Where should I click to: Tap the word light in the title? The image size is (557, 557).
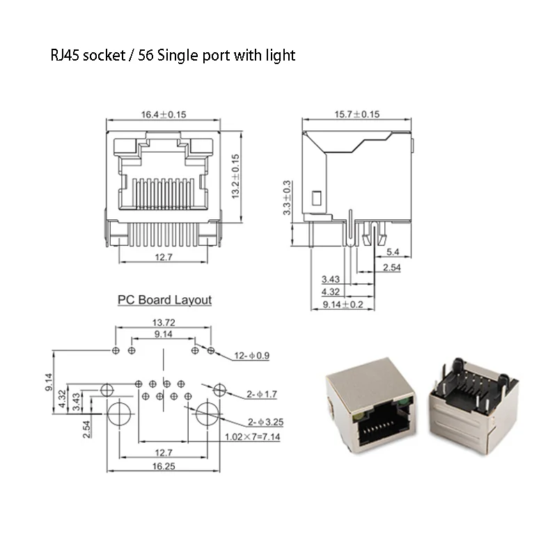(278, 55)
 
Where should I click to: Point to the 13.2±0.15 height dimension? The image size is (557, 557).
(236, 177)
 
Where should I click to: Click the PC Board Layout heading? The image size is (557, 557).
(164, 300)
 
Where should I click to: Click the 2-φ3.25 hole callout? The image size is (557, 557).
(265, 422)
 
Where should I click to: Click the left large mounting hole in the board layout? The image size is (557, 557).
(119, 415)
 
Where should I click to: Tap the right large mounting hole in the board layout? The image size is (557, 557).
(208, 415)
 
